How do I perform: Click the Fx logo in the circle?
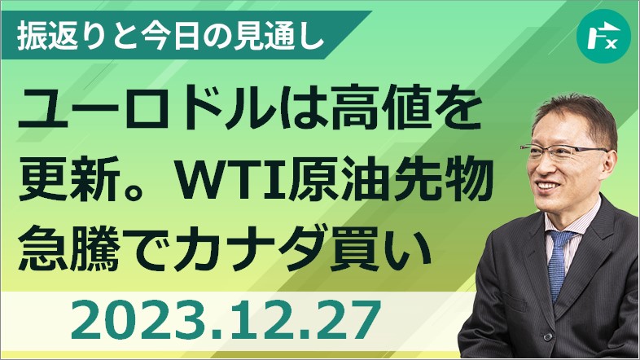click(x=603, y=37)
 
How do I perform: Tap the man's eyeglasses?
click(x=564, y=152)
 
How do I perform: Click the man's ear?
click(x=608, y=165)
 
